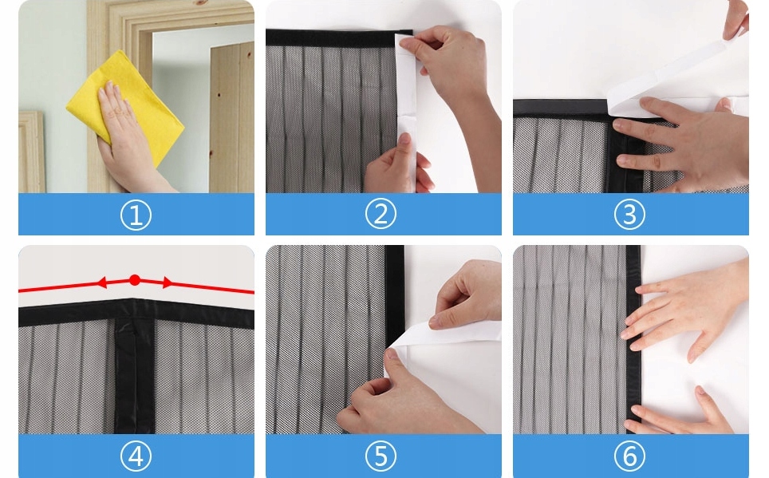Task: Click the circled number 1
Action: pos(136,215)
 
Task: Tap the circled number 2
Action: pos(381,214)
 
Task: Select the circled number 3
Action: pos(629,215)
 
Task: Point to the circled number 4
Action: pos(136,456)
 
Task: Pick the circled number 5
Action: pos(381,456)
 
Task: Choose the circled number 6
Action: pos(629,456)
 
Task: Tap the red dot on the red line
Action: pos(135,280)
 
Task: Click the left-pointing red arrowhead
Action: pos(101,282)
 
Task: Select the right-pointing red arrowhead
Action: pos(168,282)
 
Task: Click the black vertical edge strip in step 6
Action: pos(633,338)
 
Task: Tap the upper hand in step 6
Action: pos(687,309)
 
